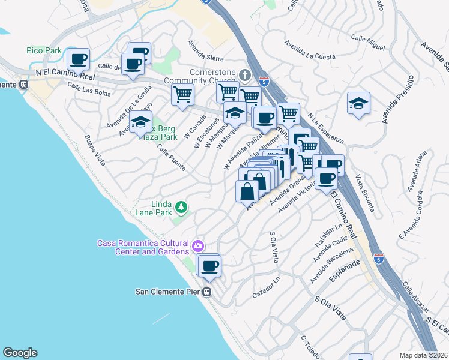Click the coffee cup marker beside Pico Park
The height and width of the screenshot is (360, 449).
click(x=78, y=59)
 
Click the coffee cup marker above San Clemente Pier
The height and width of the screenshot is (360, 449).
click(x=209, y=266)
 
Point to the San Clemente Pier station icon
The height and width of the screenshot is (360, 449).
click(x=207, y=292)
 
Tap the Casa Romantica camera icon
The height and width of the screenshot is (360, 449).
click(x=197, y=246)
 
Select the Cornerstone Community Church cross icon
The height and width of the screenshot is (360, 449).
click(x=244, y=75)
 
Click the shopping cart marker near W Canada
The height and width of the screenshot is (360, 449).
click(x=182, y=94)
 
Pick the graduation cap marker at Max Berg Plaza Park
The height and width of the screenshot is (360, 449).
click(x=140, y=122)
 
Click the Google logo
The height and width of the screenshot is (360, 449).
click(x=20, y=353)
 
